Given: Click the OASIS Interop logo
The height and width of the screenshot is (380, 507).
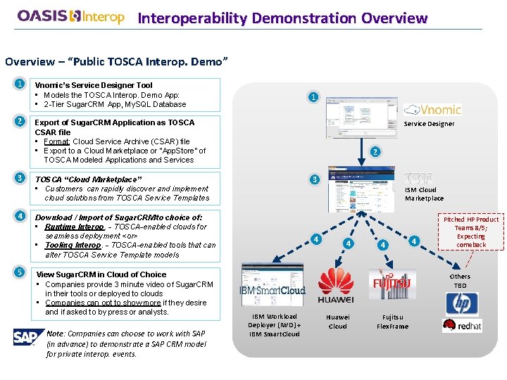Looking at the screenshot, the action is click(70, 16).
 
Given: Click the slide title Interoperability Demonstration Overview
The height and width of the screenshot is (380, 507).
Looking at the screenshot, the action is click(282, 18).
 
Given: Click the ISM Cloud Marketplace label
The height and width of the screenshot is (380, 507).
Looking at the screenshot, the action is click(424, 194).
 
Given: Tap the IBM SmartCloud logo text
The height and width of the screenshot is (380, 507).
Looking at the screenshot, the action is click(273, 290).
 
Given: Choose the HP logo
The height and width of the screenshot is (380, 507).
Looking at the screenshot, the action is click(462, 304).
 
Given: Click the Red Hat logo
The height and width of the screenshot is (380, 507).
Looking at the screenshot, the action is click(462, 325).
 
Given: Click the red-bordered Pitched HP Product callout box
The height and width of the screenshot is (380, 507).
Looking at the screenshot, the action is click(470, 232).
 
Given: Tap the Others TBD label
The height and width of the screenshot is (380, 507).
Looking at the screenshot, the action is click(460, 281).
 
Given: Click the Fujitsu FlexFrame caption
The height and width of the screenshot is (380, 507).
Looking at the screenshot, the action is click(392, 322).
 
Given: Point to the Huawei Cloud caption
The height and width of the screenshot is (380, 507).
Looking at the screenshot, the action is click(337, 322).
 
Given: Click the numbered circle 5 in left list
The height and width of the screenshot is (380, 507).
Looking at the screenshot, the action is click(20, 273).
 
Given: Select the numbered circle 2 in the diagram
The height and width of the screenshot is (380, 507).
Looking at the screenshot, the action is click(375, 151).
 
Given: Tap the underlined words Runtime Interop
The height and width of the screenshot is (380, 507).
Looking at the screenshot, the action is click(74, 227).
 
